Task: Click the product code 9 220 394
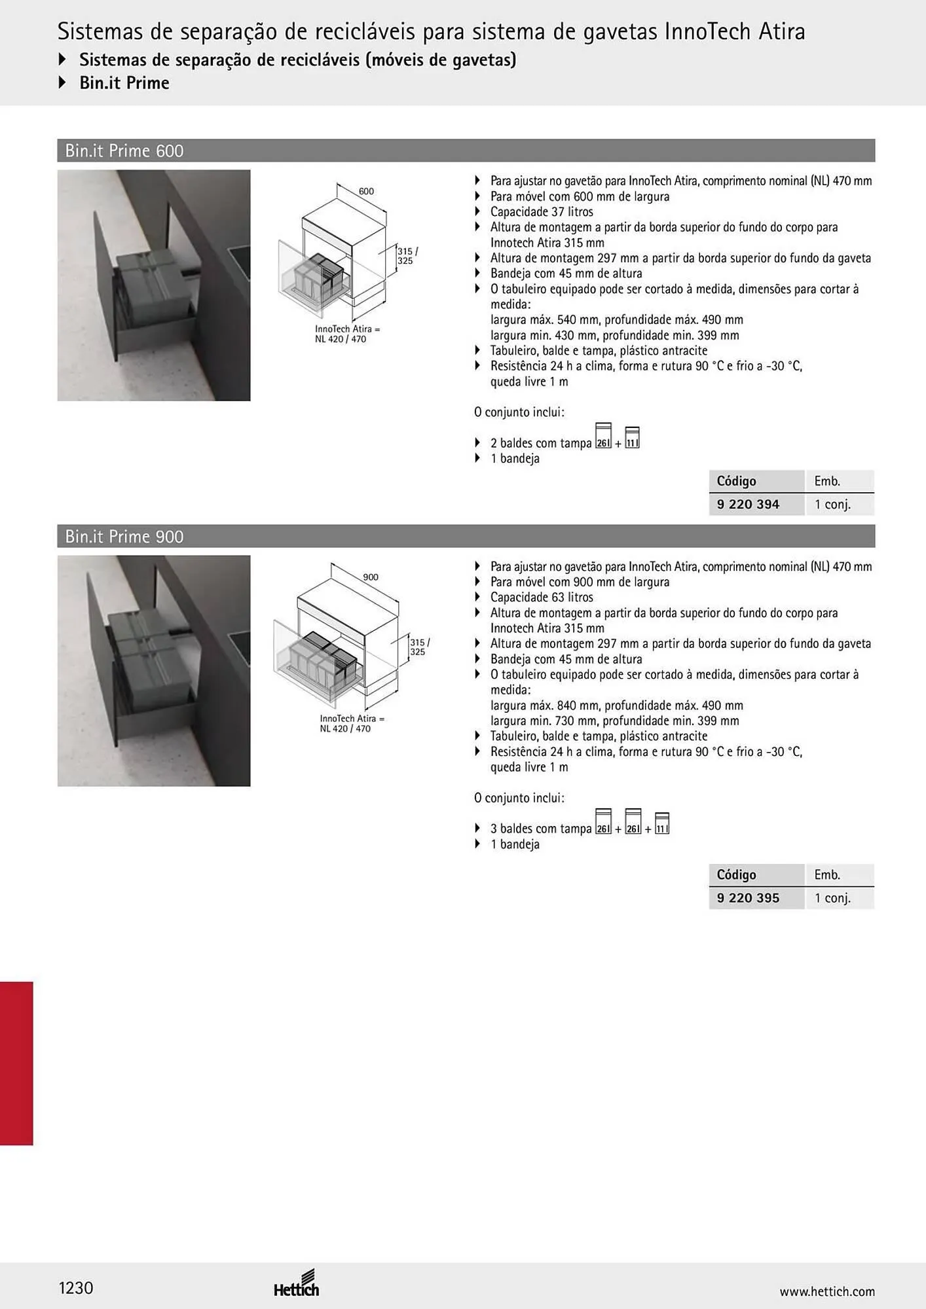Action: coord(748,504)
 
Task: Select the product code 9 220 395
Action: coord(748,898)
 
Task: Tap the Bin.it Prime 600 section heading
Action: coord(124,151)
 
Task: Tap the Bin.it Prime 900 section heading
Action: coord(124,537)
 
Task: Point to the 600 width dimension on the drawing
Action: coord(366,191)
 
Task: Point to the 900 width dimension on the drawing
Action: coord(371,577)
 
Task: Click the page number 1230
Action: coord(76,1288)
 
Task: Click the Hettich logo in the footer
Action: coord(297,1283)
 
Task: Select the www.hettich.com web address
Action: coord(827,1291)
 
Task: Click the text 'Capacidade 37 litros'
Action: coord(542,212)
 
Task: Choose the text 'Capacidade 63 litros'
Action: coord(542,598)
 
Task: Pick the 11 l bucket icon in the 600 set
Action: coord(632,438)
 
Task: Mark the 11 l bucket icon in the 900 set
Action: coord(662,823)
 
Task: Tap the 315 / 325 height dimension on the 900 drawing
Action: coord(420,647)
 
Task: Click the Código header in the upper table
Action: coord(736,481)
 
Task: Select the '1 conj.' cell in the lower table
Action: coord(832,898)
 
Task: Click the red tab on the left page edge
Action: coord(16,1063)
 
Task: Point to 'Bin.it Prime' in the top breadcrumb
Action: coord(124,83)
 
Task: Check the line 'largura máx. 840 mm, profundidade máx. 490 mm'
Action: coord(617,706)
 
